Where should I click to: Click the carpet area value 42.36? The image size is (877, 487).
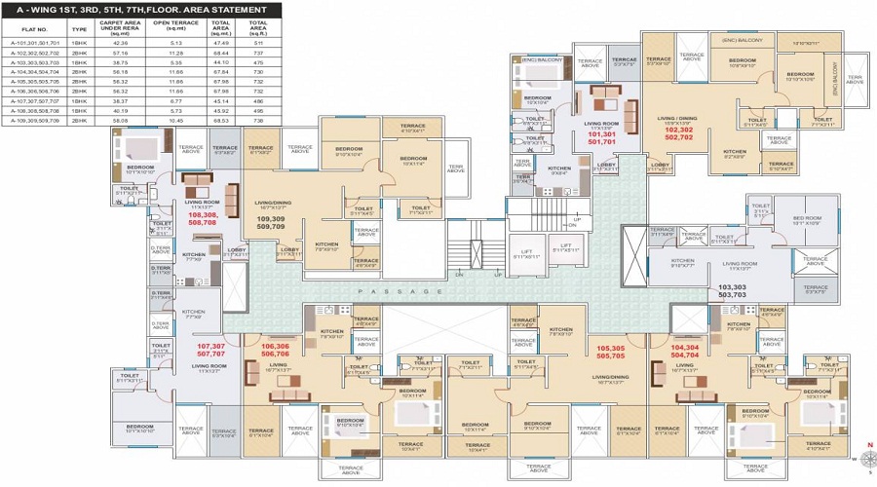121,44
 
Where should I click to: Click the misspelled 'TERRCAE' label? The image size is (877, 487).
624,60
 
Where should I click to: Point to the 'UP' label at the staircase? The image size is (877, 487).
576,218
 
